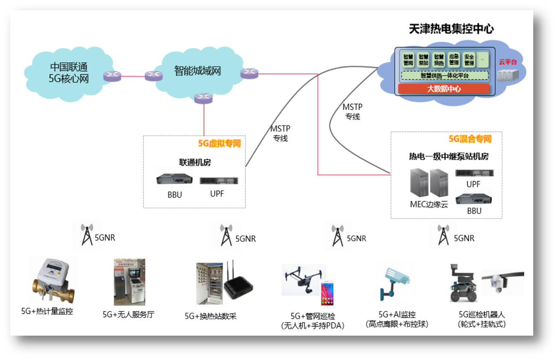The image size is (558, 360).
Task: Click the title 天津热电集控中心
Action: (451, 29)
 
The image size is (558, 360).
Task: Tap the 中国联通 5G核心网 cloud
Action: (69, 73)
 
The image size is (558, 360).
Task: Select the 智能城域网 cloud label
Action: (197, 70)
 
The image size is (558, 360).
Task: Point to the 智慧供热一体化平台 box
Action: (444, 76)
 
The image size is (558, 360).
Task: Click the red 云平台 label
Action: (508, 62)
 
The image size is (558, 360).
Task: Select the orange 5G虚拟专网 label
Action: (219, 143)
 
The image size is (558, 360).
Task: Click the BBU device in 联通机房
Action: (175, 179)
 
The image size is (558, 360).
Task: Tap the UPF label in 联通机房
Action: (217, 194)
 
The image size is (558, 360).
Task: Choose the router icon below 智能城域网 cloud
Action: (203, 99)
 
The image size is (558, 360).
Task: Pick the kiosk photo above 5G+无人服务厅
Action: (129, 282)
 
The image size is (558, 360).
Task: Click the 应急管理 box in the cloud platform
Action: (454, 60)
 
